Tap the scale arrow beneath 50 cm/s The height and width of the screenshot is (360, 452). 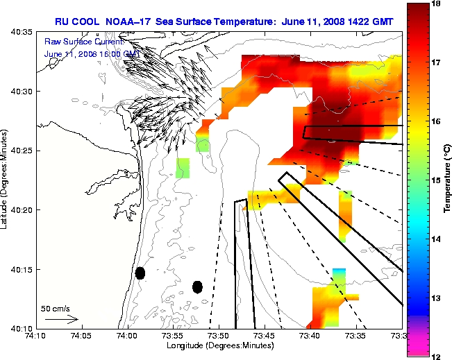(x=61, y=320)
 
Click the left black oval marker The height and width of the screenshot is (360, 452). (x=140, y=273)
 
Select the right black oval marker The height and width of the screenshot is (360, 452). (x=198, y=286)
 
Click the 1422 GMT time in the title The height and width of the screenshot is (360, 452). (x=369, y=22)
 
